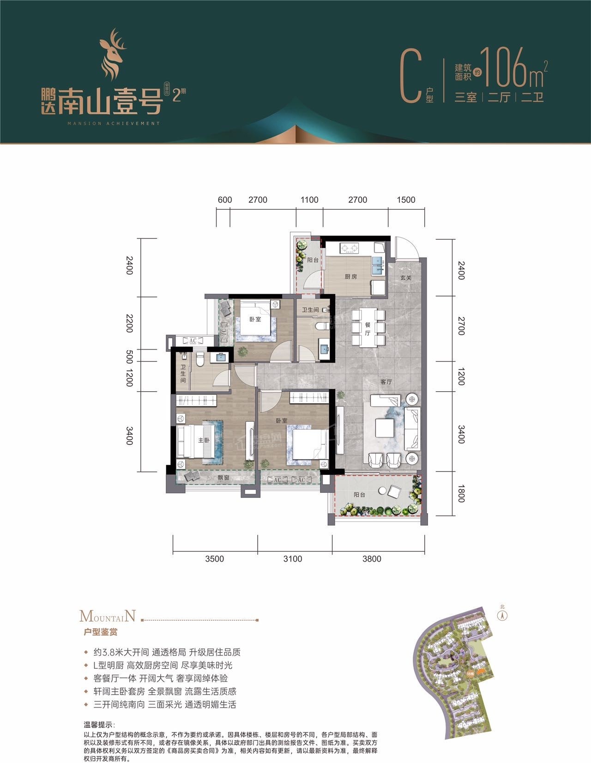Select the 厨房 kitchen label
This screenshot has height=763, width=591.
351,277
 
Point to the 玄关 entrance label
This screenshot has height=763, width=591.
405,278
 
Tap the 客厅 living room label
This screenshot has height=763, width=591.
386,382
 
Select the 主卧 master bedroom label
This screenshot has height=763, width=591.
204,440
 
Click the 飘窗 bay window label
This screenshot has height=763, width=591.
223,478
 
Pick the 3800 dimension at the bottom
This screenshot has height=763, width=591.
372,559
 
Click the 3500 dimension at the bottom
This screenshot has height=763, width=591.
214,559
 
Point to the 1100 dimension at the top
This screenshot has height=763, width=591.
309,200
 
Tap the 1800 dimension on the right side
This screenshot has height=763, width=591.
460,493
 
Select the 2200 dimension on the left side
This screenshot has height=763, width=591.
130,323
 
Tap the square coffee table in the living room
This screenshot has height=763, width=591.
384,428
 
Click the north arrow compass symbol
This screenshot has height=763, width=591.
502,615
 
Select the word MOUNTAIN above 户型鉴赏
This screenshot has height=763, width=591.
108,616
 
